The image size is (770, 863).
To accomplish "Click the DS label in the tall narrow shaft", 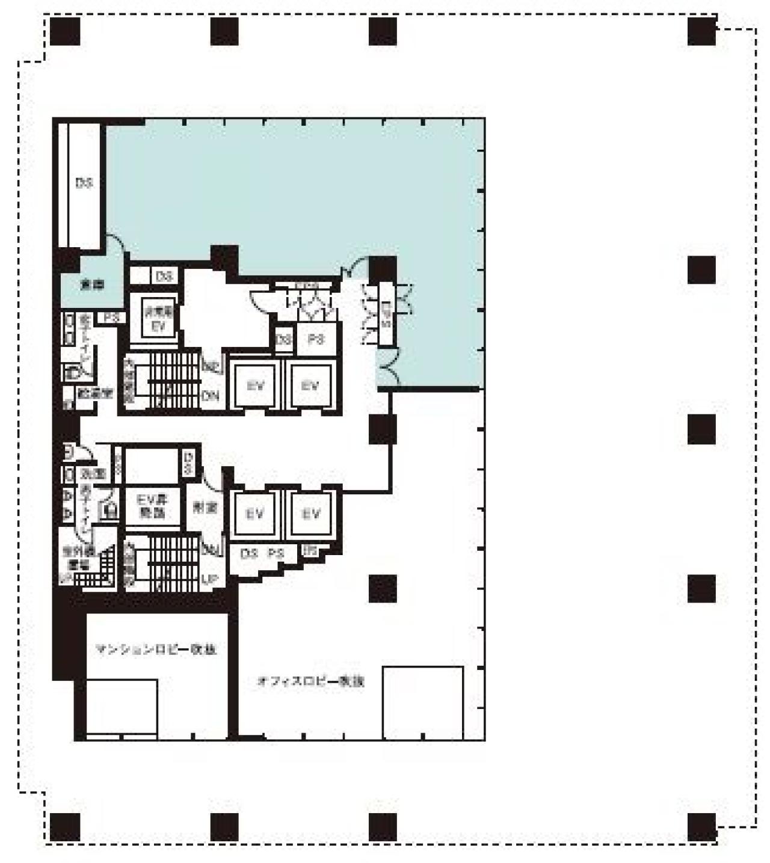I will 84,182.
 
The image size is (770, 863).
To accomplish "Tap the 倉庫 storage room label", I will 92,285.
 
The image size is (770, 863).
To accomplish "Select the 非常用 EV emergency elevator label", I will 157,319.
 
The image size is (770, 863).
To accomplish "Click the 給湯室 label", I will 95,393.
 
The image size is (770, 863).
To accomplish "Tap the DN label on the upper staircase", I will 210,396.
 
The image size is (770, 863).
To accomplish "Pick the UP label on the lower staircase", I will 209,580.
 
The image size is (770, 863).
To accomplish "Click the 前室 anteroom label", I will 205,508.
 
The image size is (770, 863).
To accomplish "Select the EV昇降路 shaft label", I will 152,506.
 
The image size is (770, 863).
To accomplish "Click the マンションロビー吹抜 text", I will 156,650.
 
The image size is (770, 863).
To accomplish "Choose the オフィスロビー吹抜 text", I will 310,681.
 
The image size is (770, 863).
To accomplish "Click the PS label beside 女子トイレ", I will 111,317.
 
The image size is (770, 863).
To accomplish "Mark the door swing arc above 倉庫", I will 116,244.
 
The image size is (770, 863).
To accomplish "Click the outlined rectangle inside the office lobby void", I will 423,702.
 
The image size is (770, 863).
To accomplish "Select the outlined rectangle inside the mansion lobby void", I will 122,707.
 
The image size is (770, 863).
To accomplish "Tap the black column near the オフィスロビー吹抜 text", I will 383,588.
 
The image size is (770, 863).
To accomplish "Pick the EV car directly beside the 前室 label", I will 254,514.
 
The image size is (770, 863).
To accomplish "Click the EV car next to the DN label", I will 256,385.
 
